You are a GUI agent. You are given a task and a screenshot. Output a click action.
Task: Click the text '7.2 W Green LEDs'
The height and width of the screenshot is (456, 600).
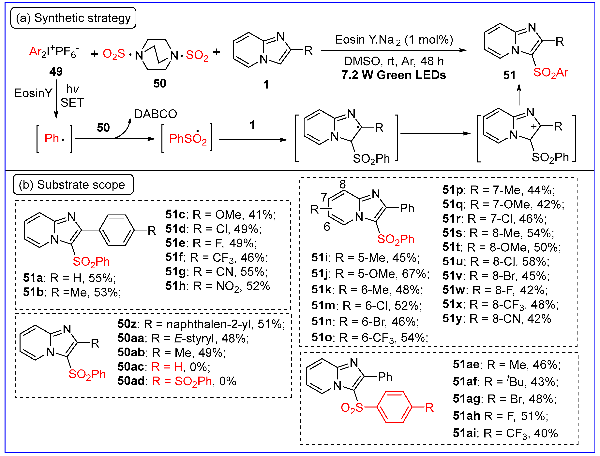point(394,75)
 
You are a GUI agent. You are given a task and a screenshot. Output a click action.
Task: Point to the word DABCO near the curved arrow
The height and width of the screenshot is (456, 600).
point(156,114)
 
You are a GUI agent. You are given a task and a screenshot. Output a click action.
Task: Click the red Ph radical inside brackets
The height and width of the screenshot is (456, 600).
point(54,138)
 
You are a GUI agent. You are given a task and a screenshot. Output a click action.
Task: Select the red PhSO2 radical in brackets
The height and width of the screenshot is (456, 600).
point(187,139)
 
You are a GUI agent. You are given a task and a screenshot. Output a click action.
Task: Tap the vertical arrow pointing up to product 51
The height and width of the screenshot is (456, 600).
point(519,94)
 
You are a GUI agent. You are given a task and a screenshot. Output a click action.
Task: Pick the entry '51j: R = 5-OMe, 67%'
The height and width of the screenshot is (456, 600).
point(370,274)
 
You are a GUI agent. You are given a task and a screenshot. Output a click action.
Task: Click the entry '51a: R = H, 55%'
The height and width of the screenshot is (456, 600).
point(69,278)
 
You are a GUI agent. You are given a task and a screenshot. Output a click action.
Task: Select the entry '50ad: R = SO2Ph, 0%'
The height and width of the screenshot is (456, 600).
point(177,381)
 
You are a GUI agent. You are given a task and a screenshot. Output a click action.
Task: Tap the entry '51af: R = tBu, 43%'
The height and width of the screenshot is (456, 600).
point(505,382)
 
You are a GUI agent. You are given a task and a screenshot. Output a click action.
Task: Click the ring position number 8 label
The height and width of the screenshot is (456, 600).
point(342,185)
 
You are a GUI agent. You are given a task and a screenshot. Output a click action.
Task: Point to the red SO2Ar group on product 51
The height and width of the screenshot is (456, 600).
point(550,73)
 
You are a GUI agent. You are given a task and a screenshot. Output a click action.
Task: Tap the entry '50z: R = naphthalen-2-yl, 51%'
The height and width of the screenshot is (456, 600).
point(201,324)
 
